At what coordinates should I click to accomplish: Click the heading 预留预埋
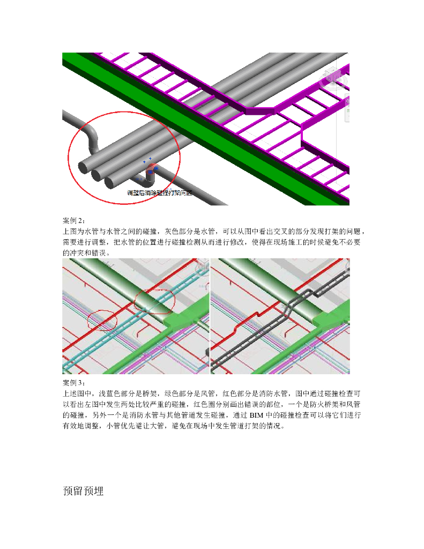83,491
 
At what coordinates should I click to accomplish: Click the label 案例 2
74,221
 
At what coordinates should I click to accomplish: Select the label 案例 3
74,383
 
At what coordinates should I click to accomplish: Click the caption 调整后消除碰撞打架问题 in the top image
159,192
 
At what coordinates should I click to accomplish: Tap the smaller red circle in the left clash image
102,320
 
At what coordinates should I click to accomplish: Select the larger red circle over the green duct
154,302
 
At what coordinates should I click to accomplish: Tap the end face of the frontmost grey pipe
110,182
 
